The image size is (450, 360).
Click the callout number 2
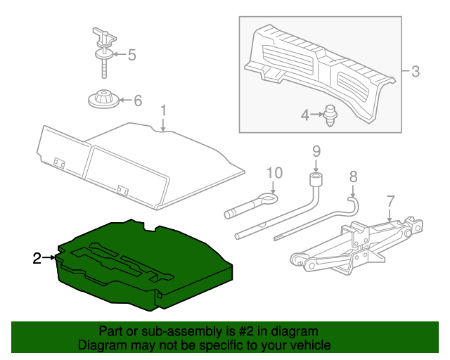pyautogui.click(x=37, y=258)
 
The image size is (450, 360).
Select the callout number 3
pyautogui.click(x=415, y=71)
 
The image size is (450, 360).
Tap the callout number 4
pyautogui.click(x=305, y=114)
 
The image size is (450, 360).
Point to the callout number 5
pyautogui.click(x=131, y=55)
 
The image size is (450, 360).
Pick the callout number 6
pyautogui.click(x=137, y=101)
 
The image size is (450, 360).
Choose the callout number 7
pyautogui.click(x=391, y=202)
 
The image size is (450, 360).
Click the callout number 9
pyautogui.click(x=316, y=150)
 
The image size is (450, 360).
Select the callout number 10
pyautogui.click(x=274, y=173)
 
